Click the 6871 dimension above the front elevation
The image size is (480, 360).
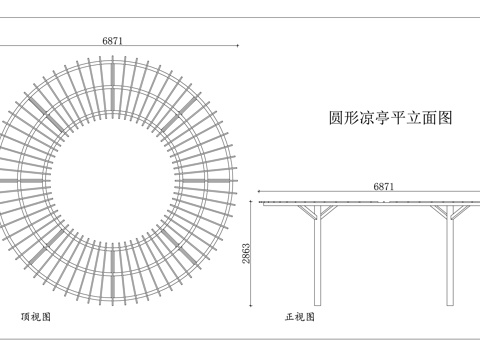click(x=384, y=186)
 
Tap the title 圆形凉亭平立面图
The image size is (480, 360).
click(x=391, y=117)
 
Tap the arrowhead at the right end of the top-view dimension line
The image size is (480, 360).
click(x=236, y=45)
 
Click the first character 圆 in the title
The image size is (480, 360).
click(x=336, y=117)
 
